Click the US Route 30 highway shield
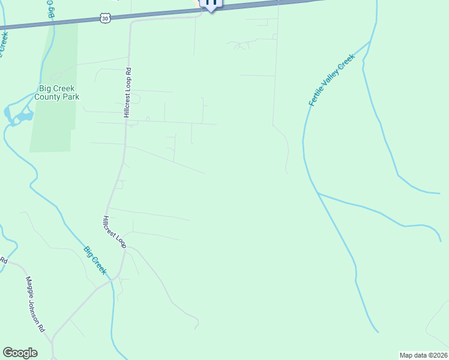(106, 19)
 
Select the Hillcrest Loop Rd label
(128, 92)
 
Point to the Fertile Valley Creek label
(333, 80)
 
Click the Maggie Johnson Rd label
(35, 304)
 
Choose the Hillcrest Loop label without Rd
(114, 232)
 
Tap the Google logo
(20, 353)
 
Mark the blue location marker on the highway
(211, 3)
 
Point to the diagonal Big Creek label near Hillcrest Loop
(95, 260)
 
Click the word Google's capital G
(8, 352)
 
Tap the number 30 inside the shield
(106, 19)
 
